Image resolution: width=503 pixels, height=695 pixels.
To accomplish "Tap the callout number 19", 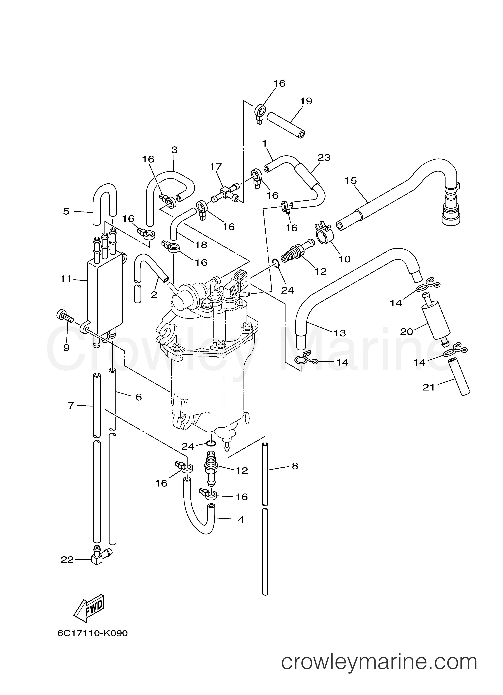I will [306, 101].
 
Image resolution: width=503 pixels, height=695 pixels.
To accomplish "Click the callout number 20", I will [407, 332].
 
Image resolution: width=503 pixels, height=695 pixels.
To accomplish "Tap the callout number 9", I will [66, 348].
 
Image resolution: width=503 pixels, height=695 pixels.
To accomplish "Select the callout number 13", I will [339, 333].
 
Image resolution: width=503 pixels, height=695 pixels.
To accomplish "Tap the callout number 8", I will [295, 466].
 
